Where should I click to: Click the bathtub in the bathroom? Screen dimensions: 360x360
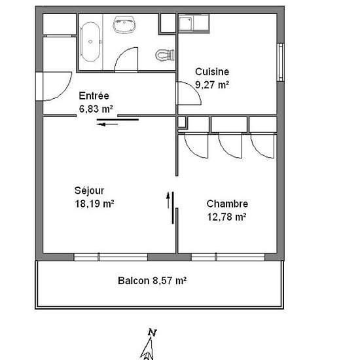point(90,42)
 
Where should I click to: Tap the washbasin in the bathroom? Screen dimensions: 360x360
point(124,25)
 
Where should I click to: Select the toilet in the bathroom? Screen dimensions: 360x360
point(165,55)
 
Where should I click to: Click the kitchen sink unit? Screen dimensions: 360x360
point(194,23)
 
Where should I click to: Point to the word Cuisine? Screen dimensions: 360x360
point(212,72)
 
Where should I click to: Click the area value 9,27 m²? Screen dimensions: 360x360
point(212,84)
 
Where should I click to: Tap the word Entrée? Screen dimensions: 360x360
point(94,96)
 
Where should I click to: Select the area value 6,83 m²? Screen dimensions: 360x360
point(96,109)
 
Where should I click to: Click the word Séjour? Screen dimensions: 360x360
point(89,190)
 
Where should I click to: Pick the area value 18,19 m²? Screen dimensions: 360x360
point(95,204)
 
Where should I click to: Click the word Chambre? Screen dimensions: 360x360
point(227,204)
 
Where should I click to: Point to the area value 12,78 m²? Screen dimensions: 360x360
point(226,217)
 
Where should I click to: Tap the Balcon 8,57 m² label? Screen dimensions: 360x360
point(152,281)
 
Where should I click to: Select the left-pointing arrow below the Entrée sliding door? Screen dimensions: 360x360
point(107,124)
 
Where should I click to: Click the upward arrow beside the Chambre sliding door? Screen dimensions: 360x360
point(168,200)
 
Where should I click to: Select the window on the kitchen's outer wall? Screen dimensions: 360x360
point(281,62)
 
